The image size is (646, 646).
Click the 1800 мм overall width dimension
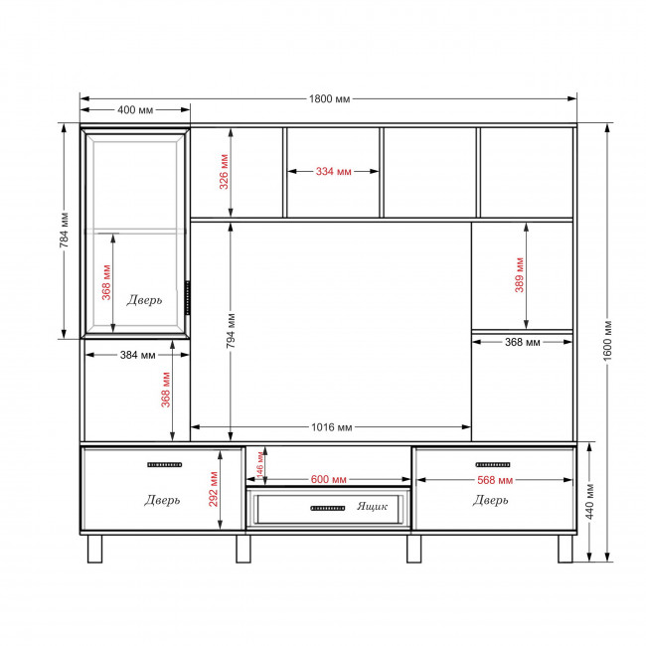tap(329, 98)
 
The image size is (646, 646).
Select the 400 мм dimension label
tap(135, 110)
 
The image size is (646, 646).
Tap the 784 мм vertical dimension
tap(64, 231)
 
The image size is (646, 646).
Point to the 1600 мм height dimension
tap(607, 341)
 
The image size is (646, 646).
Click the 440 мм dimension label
tap(589, 502)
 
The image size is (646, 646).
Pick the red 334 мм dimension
tap(333, 171)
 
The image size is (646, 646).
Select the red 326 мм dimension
tap(224, 172)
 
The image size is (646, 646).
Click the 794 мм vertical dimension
tap(231, 331)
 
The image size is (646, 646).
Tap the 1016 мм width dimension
tap(332, 427)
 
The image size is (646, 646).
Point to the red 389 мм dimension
tap(519, 275)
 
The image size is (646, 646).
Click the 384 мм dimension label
tap(137, 355)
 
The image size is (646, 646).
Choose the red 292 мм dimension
tap(213, 489)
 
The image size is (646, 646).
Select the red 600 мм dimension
tap(328, 480)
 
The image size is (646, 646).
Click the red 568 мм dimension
tap(495, 480)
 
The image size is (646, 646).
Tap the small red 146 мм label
tap(260, 465)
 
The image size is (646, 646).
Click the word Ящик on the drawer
tap(372, 506)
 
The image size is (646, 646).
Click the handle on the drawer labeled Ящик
tap(328, 509)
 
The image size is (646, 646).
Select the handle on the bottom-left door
tap(164, 465)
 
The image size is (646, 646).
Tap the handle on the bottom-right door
tap(493, 465)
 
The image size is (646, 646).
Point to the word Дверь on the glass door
tap(144, 300)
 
